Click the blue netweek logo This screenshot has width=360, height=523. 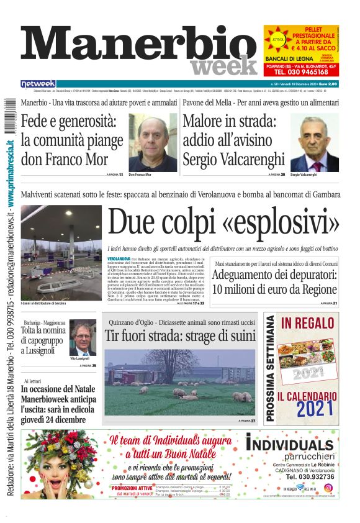click(38, 84)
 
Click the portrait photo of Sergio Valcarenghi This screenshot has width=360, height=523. click(314, 143)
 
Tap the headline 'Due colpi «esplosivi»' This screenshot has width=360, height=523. click(223, 222)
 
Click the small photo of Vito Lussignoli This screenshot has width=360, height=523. click(82, 338)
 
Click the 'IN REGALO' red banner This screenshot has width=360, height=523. click(304, 324)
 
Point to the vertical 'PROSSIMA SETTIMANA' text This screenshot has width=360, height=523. click(271, 368)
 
